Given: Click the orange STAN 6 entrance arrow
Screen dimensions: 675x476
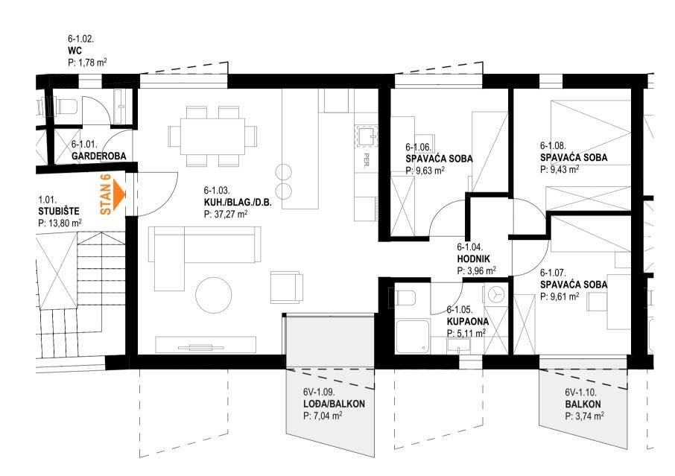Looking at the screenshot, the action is [118, 195].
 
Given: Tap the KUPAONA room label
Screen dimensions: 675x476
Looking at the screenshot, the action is [467, 322].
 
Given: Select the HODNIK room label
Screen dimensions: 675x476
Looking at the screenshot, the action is [474, 259].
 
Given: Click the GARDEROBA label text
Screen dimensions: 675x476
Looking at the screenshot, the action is [98, 156].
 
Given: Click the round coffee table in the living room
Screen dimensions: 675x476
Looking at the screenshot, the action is [214, 295].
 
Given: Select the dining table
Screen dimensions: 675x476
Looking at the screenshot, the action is [212, 136].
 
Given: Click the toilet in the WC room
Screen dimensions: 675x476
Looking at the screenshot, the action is [65, 106].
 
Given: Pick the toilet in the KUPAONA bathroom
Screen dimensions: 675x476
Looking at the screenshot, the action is [405, 298].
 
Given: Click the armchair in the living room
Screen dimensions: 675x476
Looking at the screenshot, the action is [286, 287].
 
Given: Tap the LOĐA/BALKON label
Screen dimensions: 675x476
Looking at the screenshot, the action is [334, 404].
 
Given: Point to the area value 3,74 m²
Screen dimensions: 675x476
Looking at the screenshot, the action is [584, 416].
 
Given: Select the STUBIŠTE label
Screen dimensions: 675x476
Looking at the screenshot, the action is [59, 212].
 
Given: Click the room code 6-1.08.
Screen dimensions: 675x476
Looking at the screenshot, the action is [553, 146].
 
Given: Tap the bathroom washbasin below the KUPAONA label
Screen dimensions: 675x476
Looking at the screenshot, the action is [459, 346].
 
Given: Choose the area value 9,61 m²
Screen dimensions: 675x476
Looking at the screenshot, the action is [560, 296].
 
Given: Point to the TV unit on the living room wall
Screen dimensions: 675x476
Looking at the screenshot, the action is [206, 344].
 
